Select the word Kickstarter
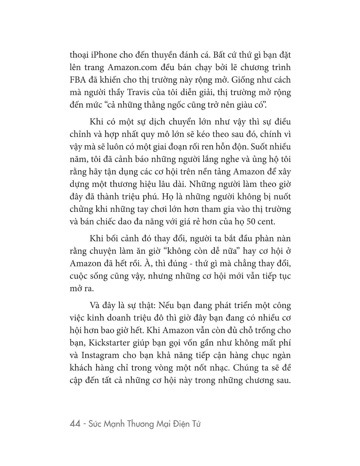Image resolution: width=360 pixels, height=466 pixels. click(105, 343)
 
